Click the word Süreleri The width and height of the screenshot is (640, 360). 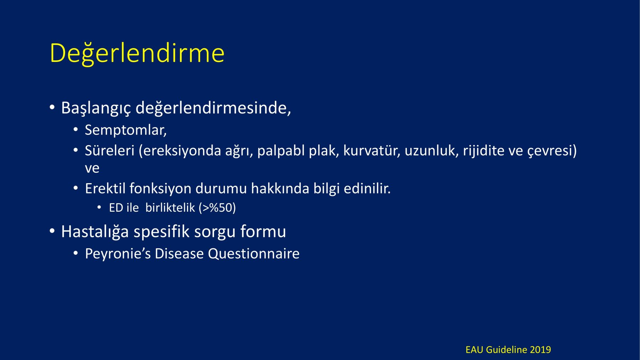click(x=110, y=150)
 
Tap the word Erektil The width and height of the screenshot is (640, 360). click(x=105, y=188)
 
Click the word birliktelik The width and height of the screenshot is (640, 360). click(x=170, y=207)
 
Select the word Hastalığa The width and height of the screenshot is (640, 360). click(x=95, y=232)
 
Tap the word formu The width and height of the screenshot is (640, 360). click(x=263, y=231)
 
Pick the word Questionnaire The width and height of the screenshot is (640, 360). click(x=254, y=254)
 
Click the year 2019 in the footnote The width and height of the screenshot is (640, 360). click(x=540, y=350)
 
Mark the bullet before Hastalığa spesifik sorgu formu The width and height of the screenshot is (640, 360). click(x=52, y=232)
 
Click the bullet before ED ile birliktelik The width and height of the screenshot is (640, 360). click(x=100, y=207)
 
